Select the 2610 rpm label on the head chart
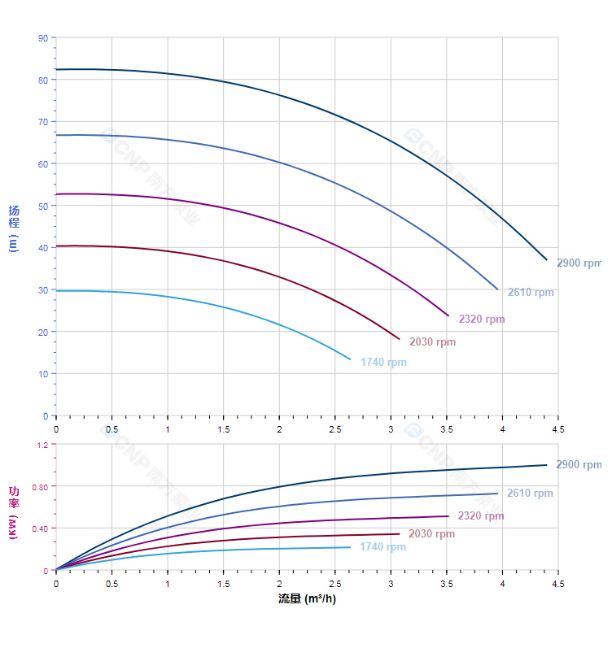pos(531,293)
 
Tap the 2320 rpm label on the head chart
pos(482,320)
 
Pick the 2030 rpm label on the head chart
pos(432,342)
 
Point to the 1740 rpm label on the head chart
pos(383,363)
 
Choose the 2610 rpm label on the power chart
pos(530,494)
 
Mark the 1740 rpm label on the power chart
pos(382,547)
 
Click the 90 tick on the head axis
pos(43,38)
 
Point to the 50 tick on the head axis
pos(43,206)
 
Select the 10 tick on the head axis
pos(43,374)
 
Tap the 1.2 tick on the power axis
pos(42,445)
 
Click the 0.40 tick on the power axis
pos(41,528)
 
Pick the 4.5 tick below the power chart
pos(557,584)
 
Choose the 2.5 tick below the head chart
pos(334,428)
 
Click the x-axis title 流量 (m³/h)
pos(307,599)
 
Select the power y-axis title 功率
pos(14,498)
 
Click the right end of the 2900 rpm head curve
pos(547,259)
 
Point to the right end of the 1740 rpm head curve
pos(351,359)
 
